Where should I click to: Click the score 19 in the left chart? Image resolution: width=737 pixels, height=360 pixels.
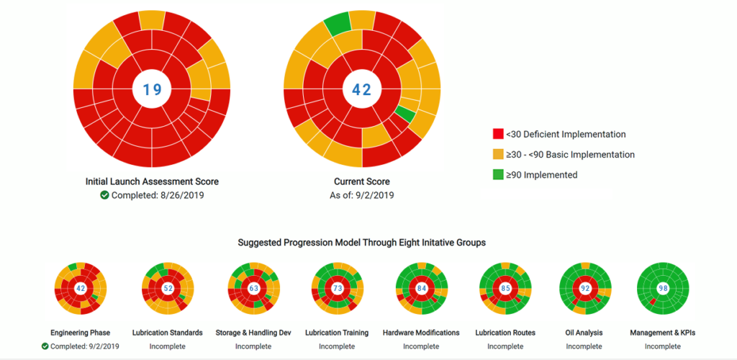point(152,89)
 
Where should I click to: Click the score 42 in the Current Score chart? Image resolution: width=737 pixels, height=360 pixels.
point(361,89)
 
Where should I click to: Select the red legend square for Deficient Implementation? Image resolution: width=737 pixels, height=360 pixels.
point(497,134)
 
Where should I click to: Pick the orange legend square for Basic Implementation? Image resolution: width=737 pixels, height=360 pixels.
point(497,154)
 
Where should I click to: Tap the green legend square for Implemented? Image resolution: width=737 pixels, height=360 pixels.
point(497,174)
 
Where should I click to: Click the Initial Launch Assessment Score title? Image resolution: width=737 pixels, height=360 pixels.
point(152,181)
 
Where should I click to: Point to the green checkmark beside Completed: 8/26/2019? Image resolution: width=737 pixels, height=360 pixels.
point(104,195)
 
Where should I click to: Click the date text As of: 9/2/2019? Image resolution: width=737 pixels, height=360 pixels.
point(361,195)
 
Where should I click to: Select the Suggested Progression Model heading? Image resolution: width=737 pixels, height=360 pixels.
point(361,243)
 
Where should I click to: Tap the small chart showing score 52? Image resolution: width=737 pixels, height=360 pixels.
point(168,288)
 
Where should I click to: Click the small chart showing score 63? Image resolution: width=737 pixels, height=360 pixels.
point(253,288)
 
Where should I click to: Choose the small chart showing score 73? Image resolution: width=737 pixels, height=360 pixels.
point(337,288)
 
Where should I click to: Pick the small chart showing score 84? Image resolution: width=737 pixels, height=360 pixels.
point(421,288)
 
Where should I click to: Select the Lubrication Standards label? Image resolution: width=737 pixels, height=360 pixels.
point(168,333)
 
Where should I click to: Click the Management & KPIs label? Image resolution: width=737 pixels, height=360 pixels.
point(662,333)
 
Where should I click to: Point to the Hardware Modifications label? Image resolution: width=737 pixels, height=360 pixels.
point(421,333)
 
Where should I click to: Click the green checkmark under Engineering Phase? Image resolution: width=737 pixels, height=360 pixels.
point(45,346)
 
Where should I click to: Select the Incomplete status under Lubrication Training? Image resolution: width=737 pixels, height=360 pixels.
point(337,346)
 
